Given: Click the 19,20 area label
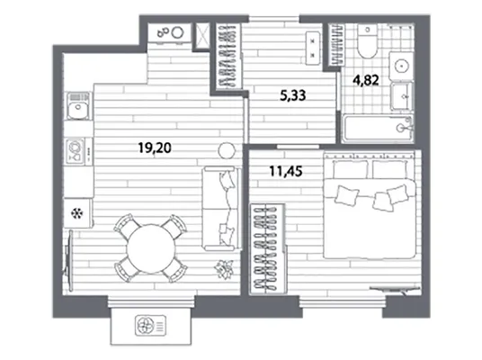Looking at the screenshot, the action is (x=155, y=148).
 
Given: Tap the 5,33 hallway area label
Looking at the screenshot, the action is (x=292, y=95).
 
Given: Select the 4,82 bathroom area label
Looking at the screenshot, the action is (x=365, y=80).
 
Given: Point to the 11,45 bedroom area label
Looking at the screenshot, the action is (x=286, y=171).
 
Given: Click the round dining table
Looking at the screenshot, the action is (x=151, y=248).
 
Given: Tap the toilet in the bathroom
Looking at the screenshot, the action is (x=367, y=40).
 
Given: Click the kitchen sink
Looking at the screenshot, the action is (x=78, y=106).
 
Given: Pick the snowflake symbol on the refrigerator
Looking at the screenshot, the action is (x=76, y=213).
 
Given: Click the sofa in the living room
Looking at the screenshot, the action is (x=220, y=208).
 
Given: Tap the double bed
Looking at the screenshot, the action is (x=370, y=204).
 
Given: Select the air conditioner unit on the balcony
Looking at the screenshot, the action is (x=150, y=326).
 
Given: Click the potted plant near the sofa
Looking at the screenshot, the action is (x=224, y=269).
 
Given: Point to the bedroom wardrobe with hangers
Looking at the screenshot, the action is (x=267, y=248).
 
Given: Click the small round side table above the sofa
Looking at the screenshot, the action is (x=227, y=151).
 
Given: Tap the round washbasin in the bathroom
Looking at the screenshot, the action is (x=401, y=66).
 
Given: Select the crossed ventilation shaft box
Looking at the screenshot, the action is (x=202, y=36).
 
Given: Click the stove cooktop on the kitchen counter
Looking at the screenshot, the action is (x=76, y=150).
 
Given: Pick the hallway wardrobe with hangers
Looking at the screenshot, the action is (x=228, y=57).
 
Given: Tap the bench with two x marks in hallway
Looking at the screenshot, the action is (x=313, y=48).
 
